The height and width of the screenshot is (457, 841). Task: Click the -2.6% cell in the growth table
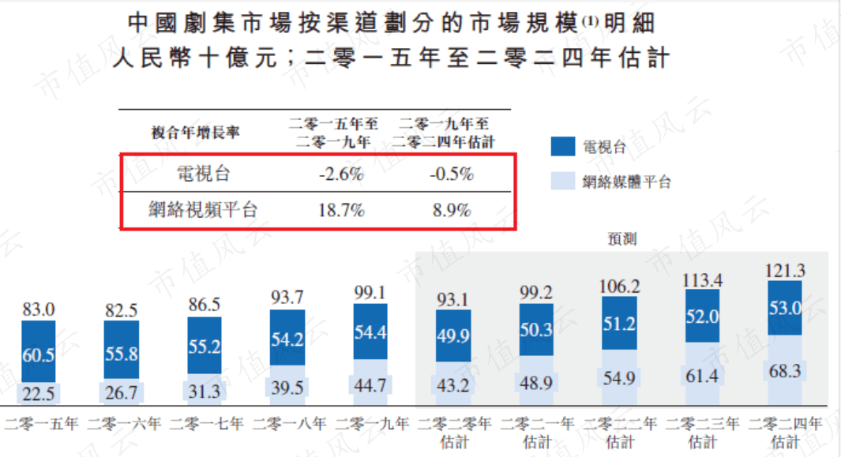(x=341, y=174)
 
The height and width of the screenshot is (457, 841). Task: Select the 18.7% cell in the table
(x=341, y=210)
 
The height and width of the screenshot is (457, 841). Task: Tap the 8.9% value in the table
(x=451, y=210)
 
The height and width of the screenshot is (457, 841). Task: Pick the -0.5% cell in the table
(x=451, y=174)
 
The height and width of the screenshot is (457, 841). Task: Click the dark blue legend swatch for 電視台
(x=562, y=147)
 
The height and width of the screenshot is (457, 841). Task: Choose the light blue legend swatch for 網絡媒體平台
(x=562, y=182)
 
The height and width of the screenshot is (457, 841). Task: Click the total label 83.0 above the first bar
(x=39, y=309)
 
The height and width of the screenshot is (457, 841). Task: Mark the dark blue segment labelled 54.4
(x=370, y=333)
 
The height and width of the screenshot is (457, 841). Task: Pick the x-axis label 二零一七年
(x=205, y=424)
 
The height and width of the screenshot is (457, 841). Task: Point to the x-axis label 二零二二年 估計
(x=620, y=432)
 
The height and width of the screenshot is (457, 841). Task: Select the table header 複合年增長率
(x=195, y=133)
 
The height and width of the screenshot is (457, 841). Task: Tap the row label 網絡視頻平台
(x=203, y=210)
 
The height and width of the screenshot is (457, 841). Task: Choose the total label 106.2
(x=620, y=285)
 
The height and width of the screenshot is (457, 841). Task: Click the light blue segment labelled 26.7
(x=122, y=392)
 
